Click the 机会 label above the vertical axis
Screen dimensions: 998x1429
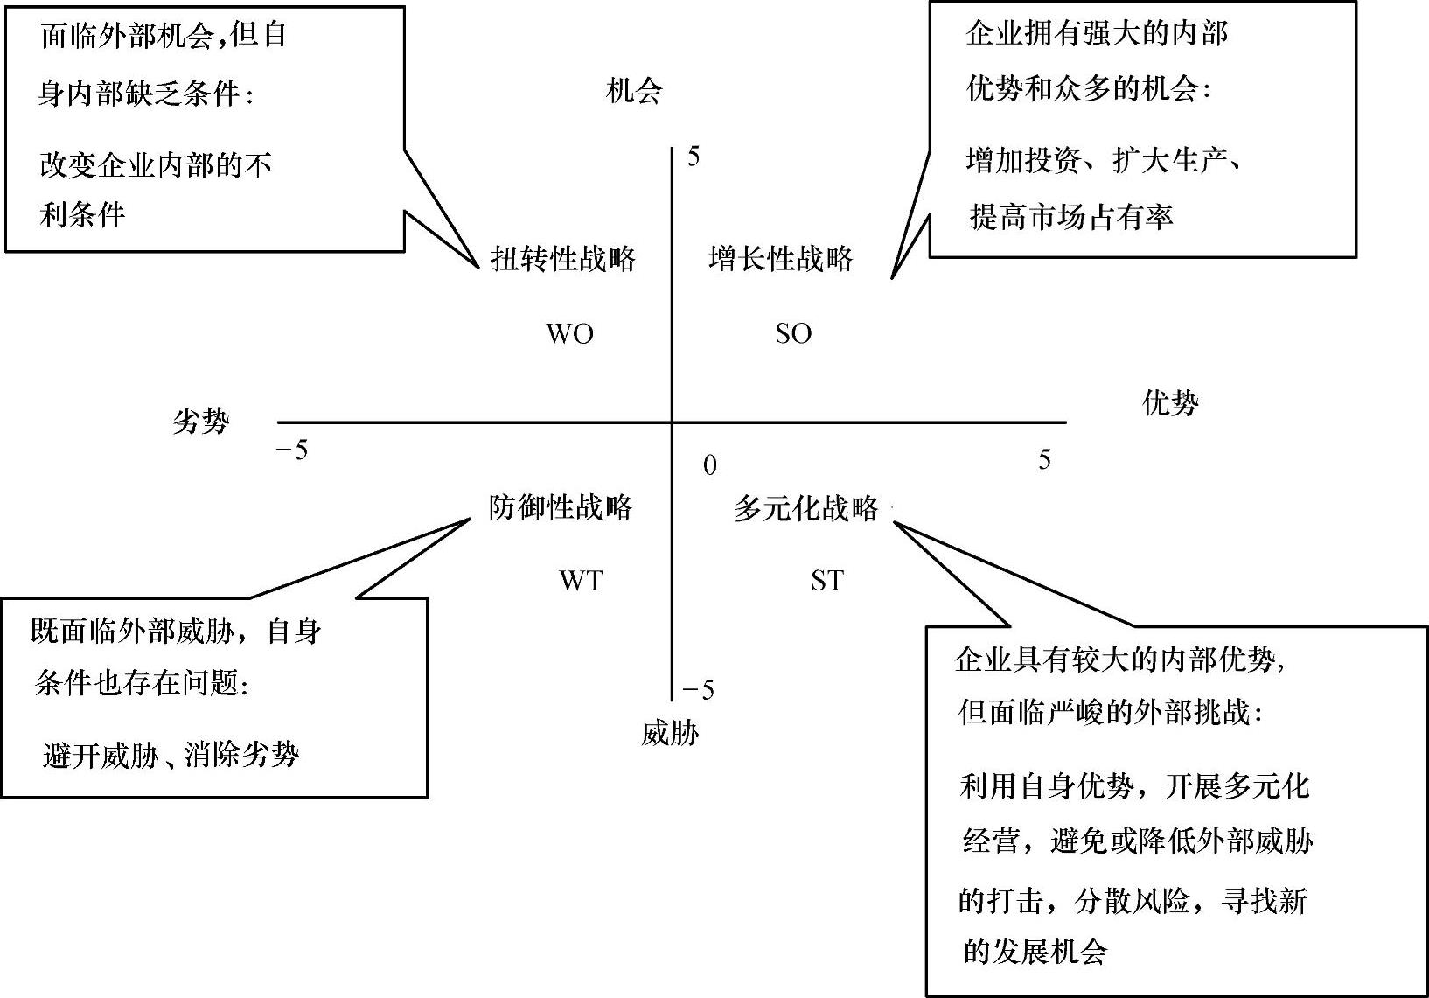(x=634, y=91)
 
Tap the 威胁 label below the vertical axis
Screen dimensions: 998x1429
(x=670, y=732)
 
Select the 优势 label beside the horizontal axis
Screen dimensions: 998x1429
(x=1170, y=402)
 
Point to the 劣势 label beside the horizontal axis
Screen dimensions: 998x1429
(x=200, y=422)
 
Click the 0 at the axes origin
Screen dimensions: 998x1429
(x=709, y=465)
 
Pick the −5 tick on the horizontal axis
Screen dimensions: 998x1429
(x=292, y=451)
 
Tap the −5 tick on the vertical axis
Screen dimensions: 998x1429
(x=698, y=690)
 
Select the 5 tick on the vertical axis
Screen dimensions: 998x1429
(x=694, y=157)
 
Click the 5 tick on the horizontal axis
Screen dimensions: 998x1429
(x=1044, y=459)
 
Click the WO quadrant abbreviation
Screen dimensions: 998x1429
(x=569, y=333)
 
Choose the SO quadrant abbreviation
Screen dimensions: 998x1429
(x=793, y=333)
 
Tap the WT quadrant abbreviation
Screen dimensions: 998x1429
(x=581, y=580)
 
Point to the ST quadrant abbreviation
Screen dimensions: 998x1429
(x=826, y=580)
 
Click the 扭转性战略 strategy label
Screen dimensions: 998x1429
(x=563, y=259)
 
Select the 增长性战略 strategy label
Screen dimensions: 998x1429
(x=781, y=259)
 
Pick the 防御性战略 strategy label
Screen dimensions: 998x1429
(x=561, y=507)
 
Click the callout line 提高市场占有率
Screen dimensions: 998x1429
(x=1071, y=216)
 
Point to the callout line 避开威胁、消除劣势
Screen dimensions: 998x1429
(x=171, y=754)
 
